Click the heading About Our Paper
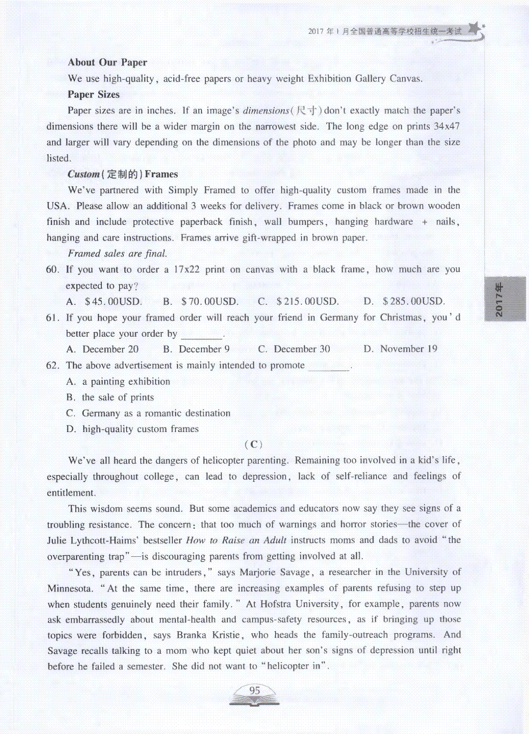107,62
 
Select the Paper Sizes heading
93,94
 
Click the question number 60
52,269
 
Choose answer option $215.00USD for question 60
307,302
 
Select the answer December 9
204,349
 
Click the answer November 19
408,349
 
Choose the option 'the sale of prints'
118,397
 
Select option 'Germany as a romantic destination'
156,413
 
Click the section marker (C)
253,444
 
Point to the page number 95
254,691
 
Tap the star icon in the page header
474,29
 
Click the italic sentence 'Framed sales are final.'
117,253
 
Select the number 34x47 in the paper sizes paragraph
446,127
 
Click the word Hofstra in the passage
275,604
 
